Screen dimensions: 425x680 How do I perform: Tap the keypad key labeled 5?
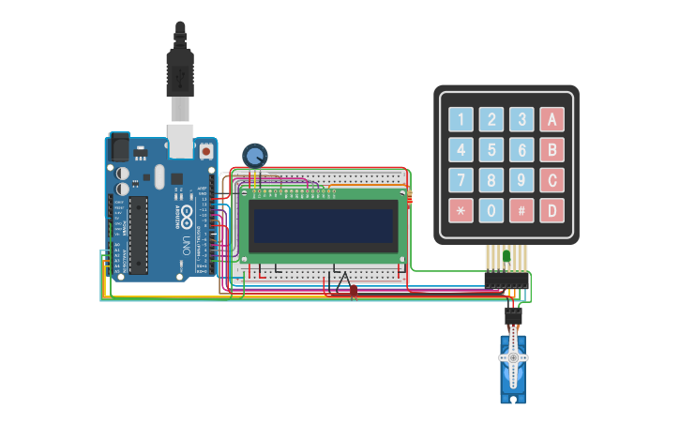(x=491, y=150)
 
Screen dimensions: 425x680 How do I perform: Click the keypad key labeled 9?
(x=521, y=180)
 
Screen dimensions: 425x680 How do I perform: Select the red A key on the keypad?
(x=552, y=119)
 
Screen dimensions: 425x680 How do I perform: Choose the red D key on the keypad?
(x=552, y=210)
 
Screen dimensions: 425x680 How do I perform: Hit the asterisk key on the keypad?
(x=461, y=210)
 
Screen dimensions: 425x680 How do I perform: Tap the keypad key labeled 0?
(x=491, y=210)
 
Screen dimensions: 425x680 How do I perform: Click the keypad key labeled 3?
(x=521, y=119)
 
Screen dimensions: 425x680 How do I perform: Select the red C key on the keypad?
(x=552, y=180)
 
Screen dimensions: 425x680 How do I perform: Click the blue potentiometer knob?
(x=254, y=155)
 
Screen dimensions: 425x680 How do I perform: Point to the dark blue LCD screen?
(x=322, y=225)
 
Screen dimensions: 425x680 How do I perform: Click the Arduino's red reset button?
(x=206, y=150)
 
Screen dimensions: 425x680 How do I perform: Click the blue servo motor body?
(x=513, y=371)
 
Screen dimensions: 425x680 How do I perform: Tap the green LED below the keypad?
(x=506, y=255)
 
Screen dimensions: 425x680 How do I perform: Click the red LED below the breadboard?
(x=354, y=292)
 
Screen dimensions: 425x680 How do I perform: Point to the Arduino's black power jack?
(x=120, y=147)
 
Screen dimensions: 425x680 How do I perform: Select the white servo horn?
(x=513, y=357)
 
